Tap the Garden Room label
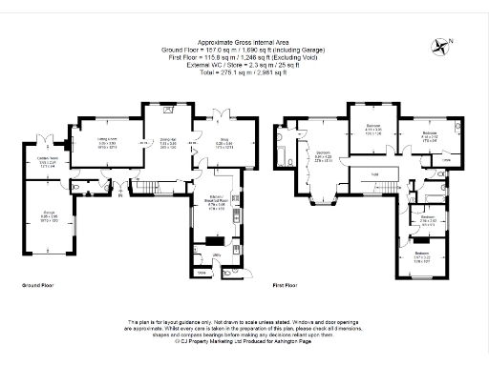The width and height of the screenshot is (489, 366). tap(49, 160)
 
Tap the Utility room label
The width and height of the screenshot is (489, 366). tap(218, 256)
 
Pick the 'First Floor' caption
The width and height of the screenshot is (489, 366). tap(288, 285)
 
